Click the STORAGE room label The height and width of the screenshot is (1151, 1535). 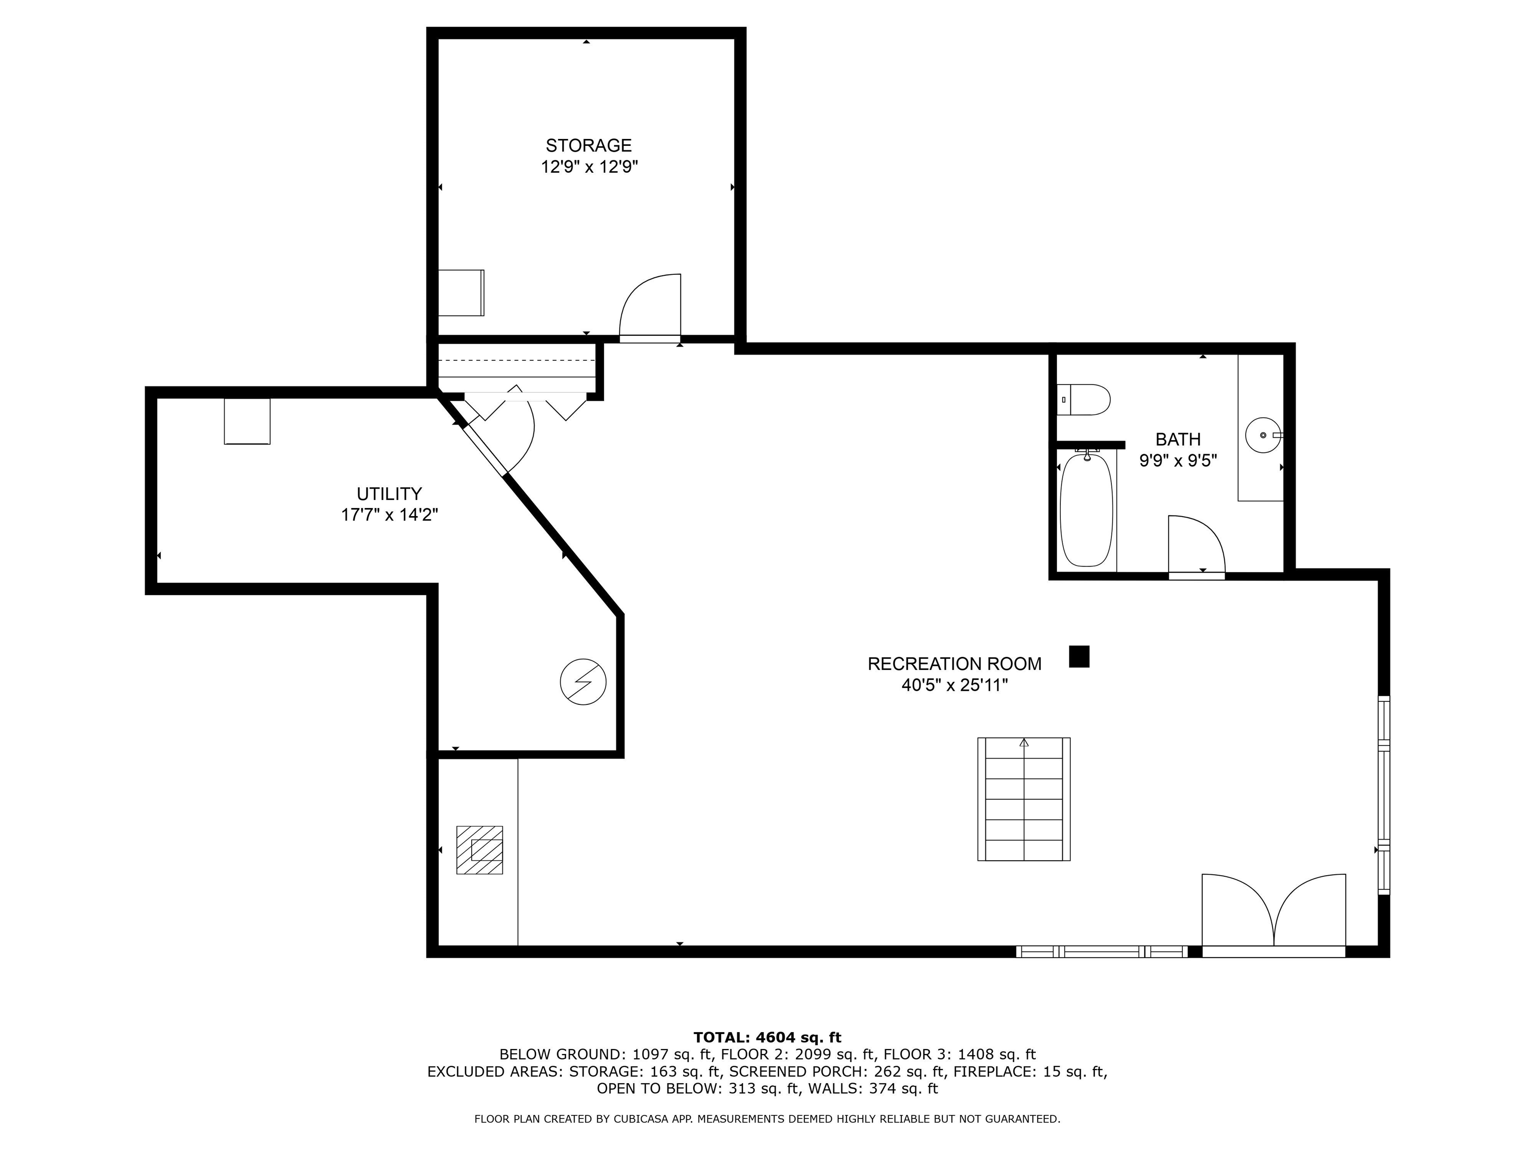point(589,146)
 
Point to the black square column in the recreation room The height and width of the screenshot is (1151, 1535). point(1079,656)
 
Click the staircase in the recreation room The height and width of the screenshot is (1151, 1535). point(1023,799)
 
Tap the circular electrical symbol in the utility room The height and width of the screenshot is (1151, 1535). point(583,682)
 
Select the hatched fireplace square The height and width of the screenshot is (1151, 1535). point(479,849)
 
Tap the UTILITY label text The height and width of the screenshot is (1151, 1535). point(389,494)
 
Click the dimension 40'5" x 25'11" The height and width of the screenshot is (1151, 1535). point(954,685)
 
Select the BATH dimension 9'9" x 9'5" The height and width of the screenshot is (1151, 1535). point(1178,461)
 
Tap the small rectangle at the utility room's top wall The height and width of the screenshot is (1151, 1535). point(247,421)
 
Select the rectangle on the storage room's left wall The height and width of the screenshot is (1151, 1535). point(461,293)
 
